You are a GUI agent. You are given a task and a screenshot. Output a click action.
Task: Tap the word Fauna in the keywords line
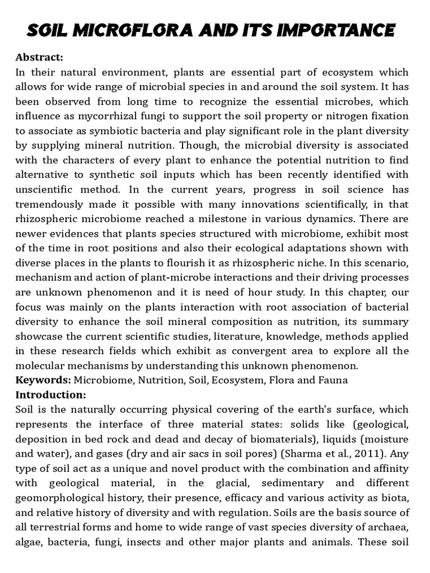334,380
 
